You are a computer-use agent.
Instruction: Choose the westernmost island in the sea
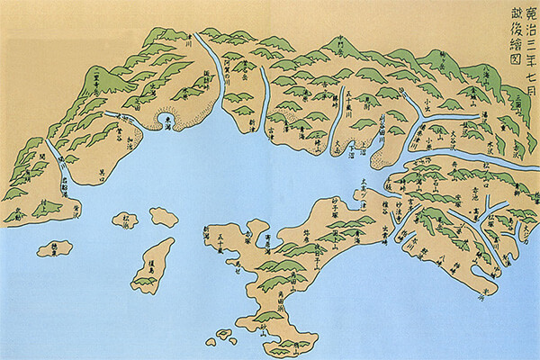pyautogui.click(x=56, y=247)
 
